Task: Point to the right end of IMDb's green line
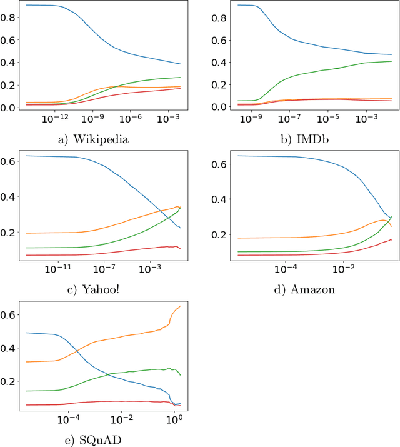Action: point(392,61)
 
